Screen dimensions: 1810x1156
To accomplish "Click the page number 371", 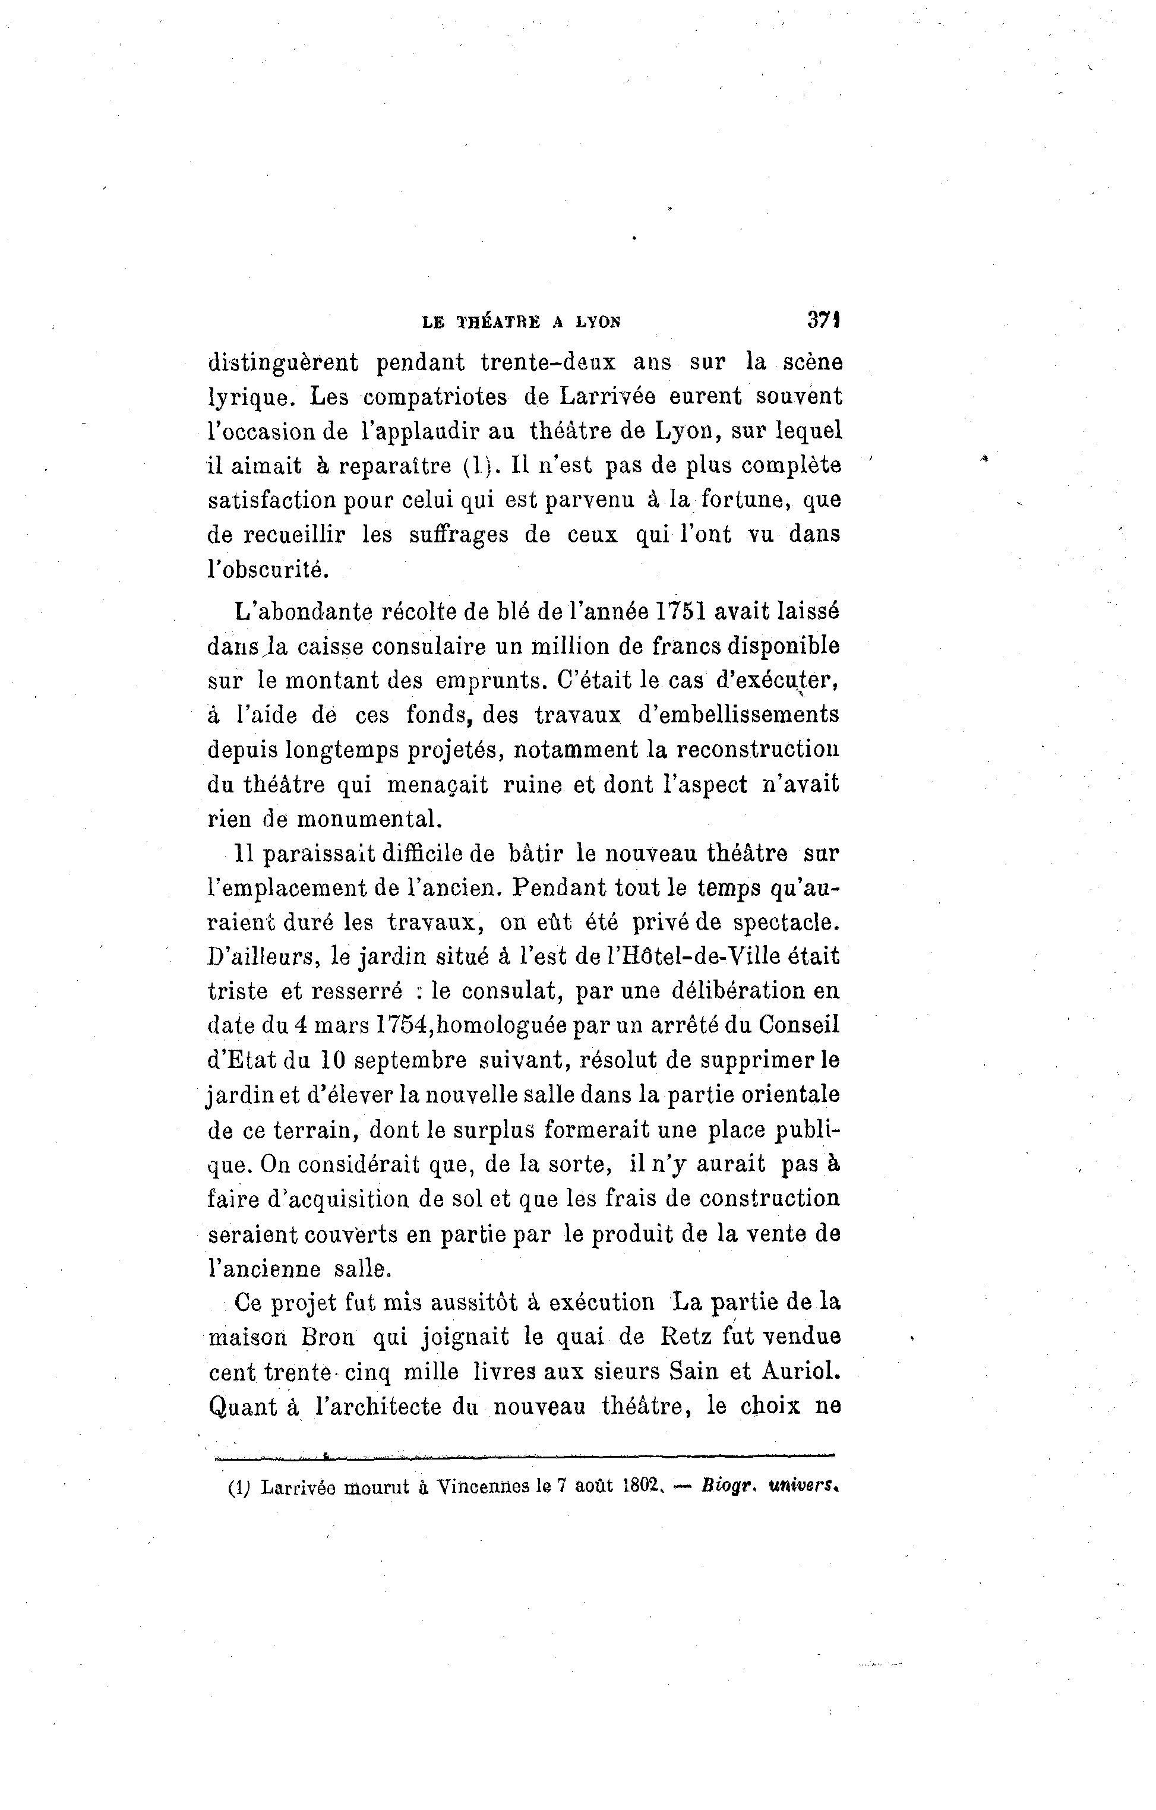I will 823,320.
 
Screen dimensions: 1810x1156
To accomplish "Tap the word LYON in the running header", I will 598,323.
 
